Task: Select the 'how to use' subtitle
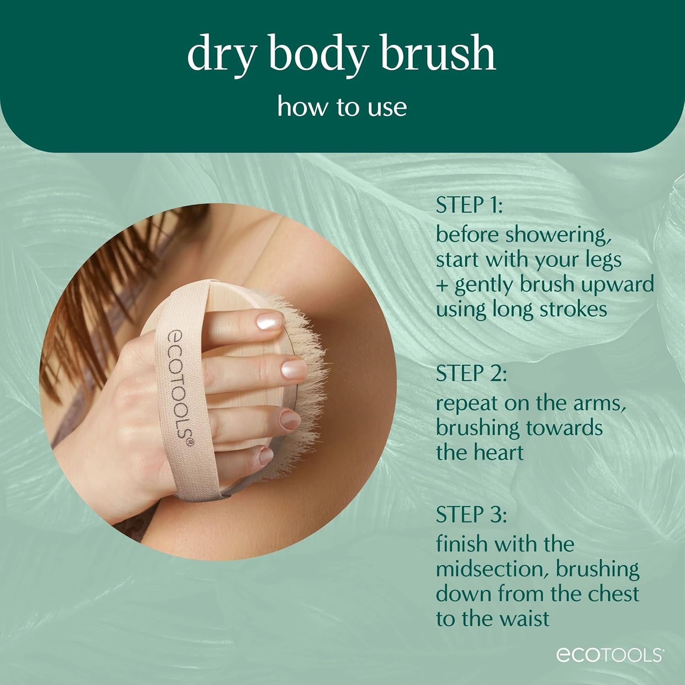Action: coord(342,107)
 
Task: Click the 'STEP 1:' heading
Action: coord(469,205)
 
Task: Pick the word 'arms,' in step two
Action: coord(602,403)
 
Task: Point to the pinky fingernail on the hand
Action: coord(265,455)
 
